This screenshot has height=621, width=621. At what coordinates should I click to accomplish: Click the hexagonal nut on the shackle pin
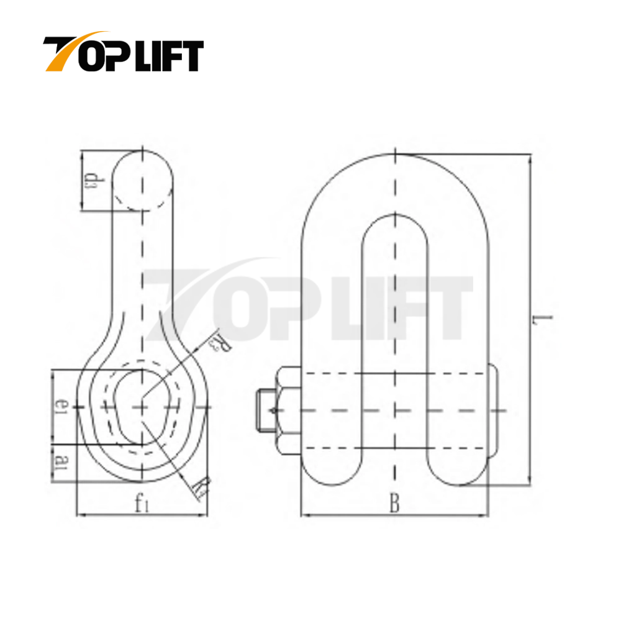[288, 410]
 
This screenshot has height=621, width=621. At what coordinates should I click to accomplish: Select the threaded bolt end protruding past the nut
[264, 410]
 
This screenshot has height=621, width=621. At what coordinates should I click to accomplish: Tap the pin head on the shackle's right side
[493, 410]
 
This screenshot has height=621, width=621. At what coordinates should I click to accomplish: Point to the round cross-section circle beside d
[143, 180]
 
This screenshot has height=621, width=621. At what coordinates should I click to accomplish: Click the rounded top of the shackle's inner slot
[394, 220]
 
